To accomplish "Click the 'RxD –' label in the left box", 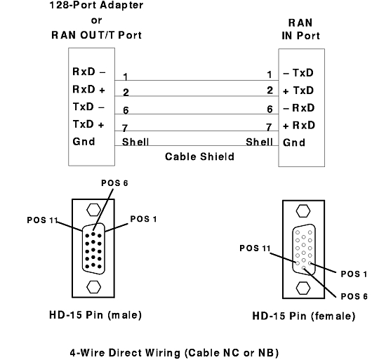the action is [x=88, y=72].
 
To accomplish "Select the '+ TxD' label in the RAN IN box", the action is [x=298, y=91].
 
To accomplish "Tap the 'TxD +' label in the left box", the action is [x=88, y=124].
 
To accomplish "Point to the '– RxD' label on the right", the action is [x=299, y=108].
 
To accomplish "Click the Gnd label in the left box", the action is [x=84, y=142].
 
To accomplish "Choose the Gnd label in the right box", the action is [x=294, y=142].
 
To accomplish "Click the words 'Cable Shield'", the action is [x=199, y=156].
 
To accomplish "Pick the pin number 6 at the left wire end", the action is [x=126, y=110].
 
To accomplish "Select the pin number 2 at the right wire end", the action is [x=270, y=91].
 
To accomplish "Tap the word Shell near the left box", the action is [x=135, y=142].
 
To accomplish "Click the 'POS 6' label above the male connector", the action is [x=114, y=183].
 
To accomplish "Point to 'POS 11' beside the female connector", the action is [x=255, y=248].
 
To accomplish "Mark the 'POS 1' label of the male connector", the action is [x=143, y=219].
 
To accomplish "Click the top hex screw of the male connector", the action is [x=94, y=210].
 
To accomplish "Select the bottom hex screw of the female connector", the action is [x=303, y=288].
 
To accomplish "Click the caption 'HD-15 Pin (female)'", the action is [x=304, y=316].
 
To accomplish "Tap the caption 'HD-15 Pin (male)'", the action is [x=95, y=315].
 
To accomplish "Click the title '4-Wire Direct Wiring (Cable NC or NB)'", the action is [x=174, y=353].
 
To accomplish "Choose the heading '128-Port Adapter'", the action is [x=96, y=5].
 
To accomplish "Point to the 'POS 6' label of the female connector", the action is [x=354, y=296].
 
